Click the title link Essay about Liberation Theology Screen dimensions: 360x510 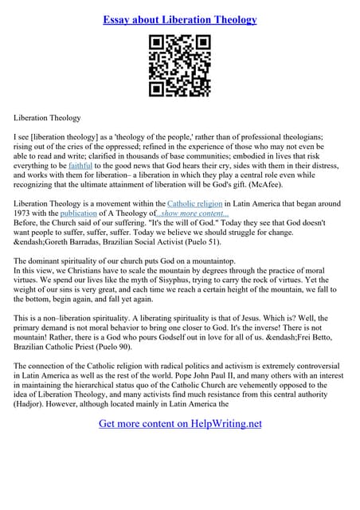[180, 19]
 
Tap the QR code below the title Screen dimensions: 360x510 [180, 66]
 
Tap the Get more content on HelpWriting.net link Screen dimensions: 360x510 [180, 423]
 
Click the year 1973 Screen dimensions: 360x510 [27, 214]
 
